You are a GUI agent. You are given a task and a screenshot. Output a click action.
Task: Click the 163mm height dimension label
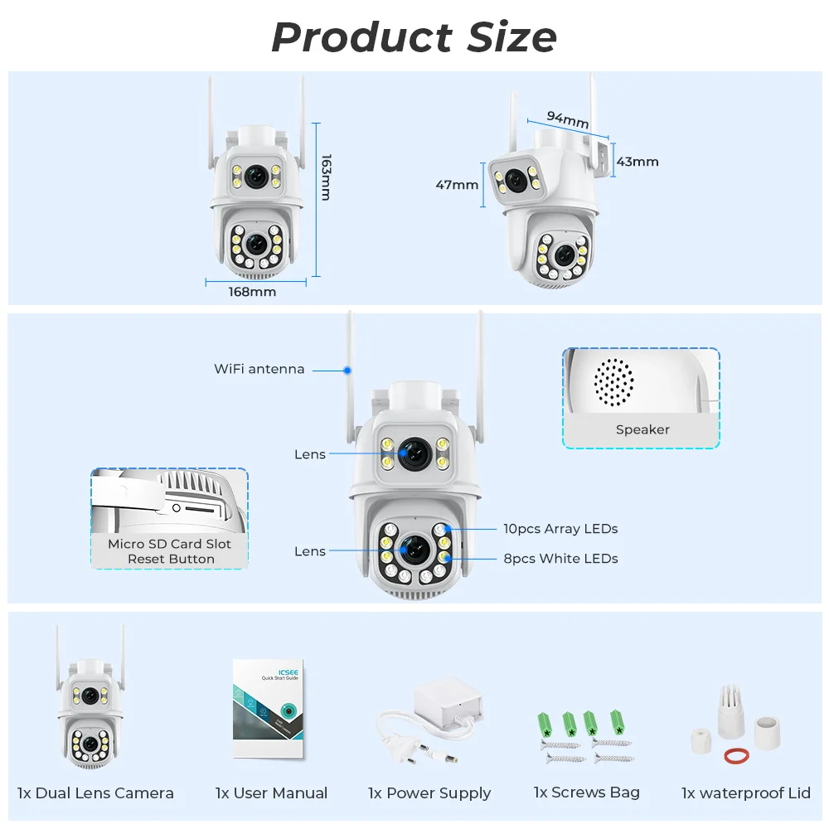click(x=326, y=177)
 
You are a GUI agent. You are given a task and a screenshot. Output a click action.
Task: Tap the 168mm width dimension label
click(x=252, y=292)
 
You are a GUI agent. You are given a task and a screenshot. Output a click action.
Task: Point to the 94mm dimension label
click(x=568, y=119)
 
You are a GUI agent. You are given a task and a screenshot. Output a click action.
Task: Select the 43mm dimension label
click(x=638, y=162)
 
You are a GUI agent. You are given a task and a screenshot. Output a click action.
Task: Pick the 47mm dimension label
click(x=457, y=185)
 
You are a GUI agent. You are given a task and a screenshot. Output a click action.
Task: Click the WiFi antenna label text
click(x=259, y=369)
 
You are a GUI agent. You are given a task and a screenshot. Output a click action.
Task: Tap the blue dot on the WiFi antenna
click(x=347, y=371)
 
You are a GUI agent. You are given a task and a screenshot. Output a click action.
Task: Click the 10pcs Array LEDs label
click(x=560, y=529)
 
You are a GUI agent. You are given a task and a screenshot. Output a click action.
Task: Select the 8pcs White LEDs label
click(x=560, y=559)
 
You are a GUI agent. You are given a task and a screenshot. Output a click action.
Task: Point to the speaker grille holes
click(x=613, y=382)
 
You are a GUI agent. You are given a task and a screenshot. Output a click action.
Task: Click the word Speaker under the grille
click(x=642, y=429)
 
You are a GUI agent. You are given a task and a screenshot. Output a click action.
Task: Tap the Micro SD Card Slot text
click(x=169, y=544)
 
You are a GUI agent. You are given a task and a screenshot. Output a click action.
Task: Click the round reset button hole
click(x=177, y=508)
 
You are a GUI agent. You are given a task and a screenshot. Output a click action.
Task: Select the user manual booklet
click(x=269, y=709)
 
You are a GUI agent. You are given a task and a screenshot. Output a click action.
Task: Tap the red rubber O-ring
click(x=736, y=755)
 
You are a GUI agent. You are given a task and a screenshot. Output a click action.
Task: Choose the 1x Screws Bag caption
click(x=586, y=793)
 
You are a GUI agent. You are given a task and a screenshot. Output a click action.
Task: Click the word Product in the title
click(x=362, y=37)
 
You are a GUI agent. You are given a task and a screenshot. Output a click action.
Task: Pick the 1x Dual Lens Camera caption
click(x=95, y=793)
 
